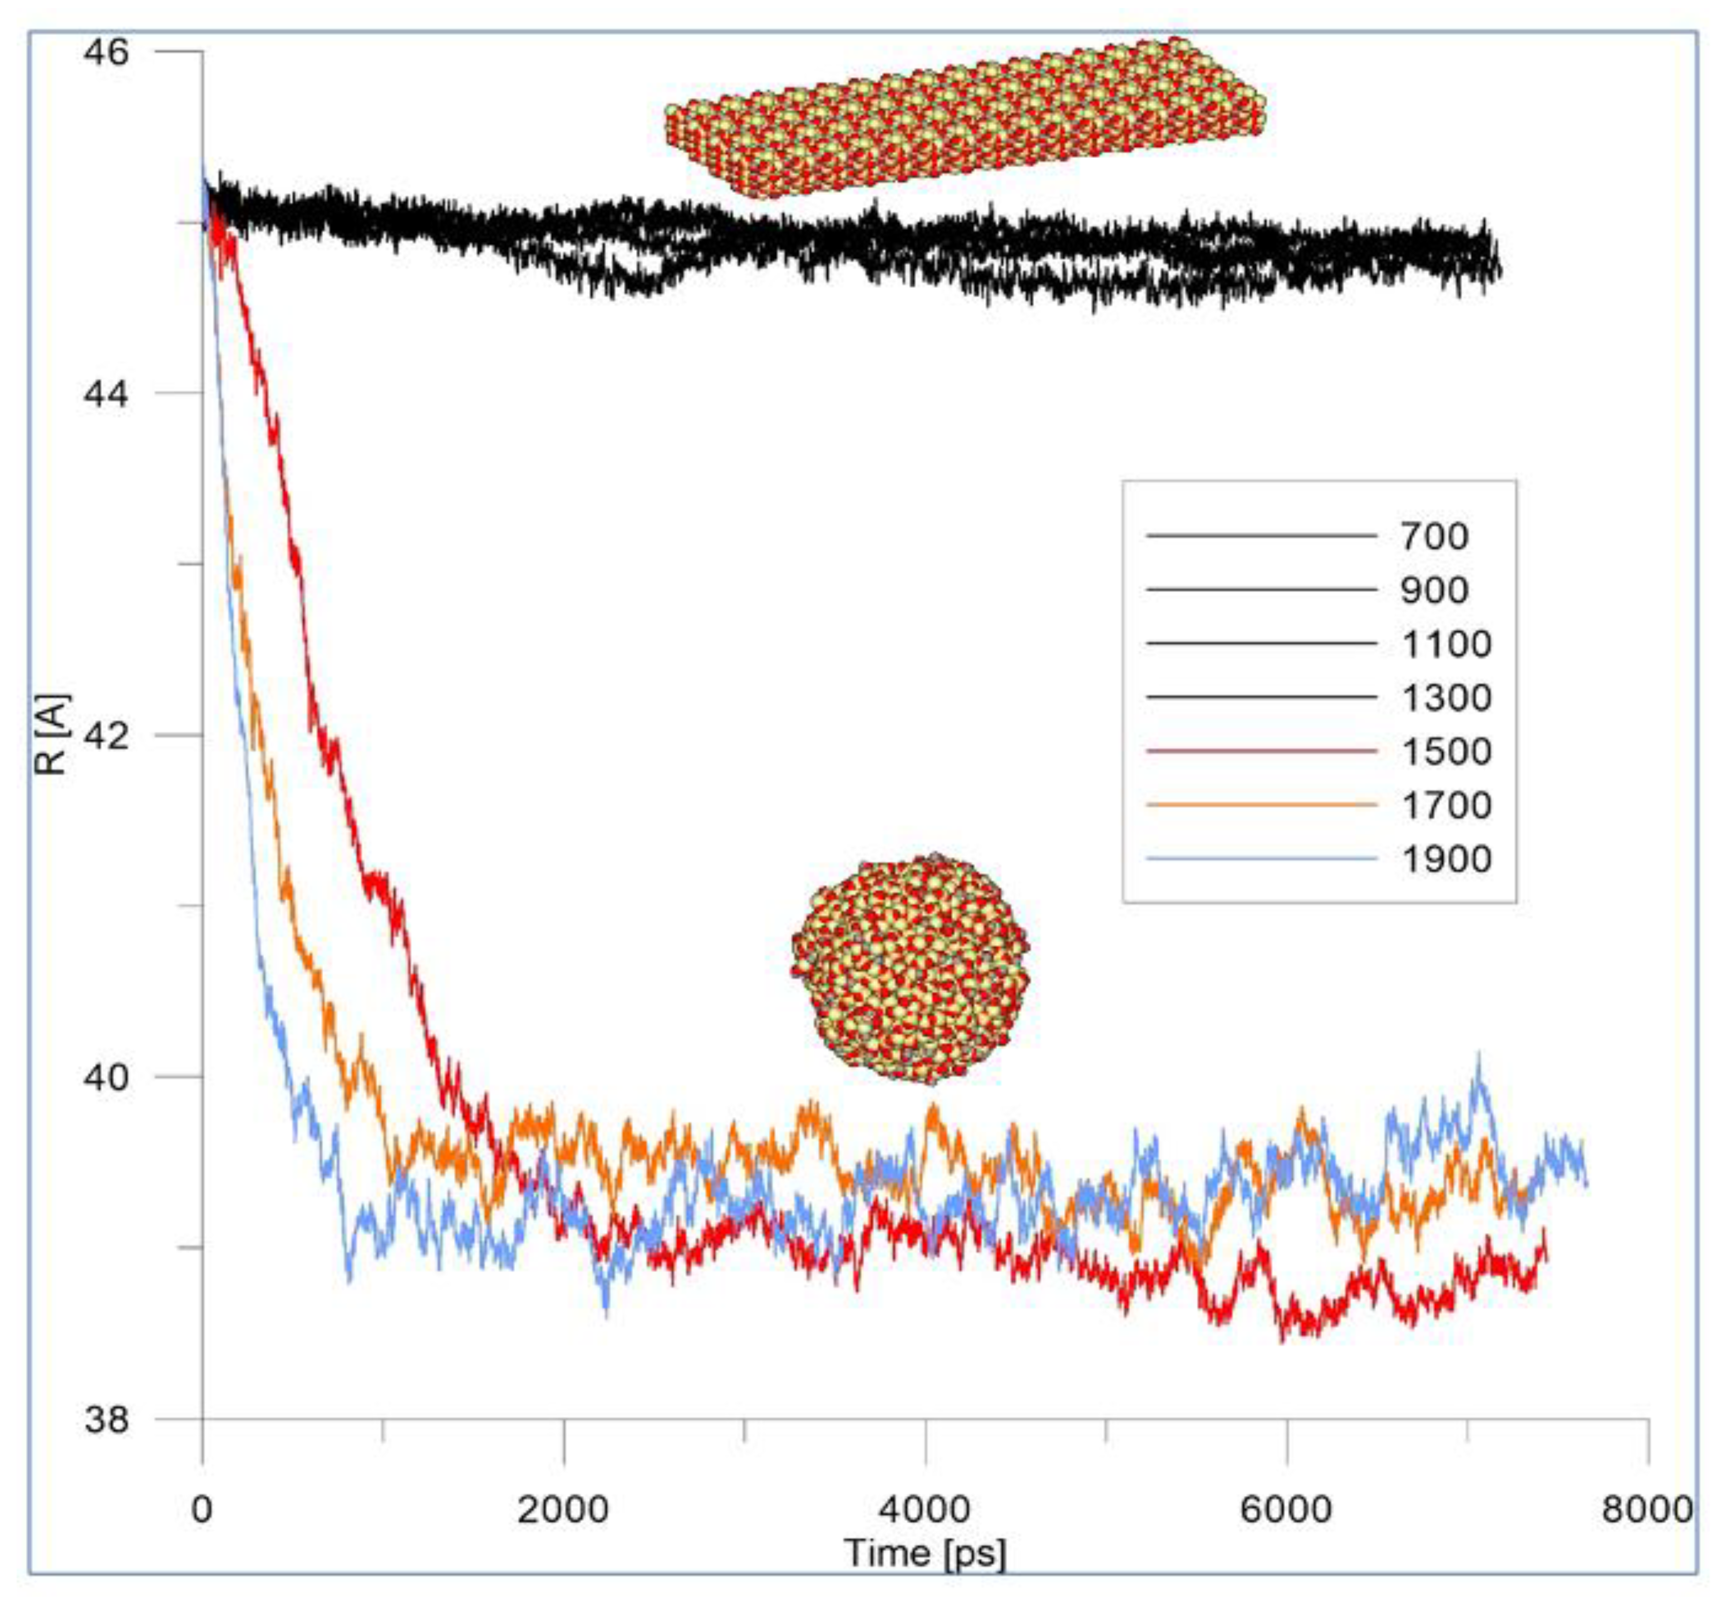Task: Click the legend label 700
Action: click(1434, 537)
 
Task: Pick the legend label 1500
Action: click(1446, 751)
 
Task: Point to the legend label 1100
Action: click(1446, 644)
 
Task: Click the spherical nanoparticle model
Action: click(911, 969)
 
